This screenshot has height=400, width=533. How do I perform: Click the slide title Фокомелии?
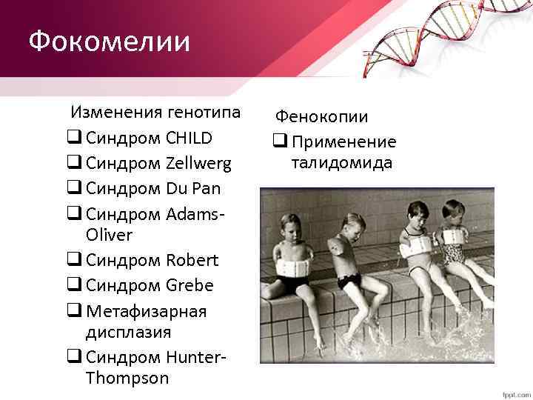(110, 41)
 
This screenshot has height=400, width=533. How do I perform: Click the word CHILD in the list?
(189, 138)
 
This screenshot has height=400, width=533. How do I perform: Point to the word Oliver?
(109, 235)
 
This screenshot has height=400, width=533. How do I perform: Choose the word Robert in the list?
(192, 260)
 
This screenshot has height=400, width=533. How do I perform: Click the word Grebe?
(189, 285)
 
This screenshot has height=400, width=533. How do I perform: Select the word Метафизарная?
(146, 310)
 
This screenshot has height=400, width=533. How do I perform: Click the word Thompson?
(127, 378)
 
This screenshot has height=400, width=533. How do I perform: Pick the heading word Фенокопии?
(321, 116)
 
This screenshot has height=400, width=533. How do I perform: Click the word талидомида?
(341, 163)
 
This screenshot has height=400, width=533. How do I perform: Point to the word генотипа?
(204, 113)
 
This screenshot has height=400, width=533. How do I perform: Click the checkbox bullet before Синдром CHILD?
(73, 139)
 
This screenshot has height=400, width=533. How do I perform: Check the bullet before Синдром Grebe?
(73, 286)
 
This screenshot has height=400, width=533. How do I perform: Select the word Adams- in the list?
(195, 213)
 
